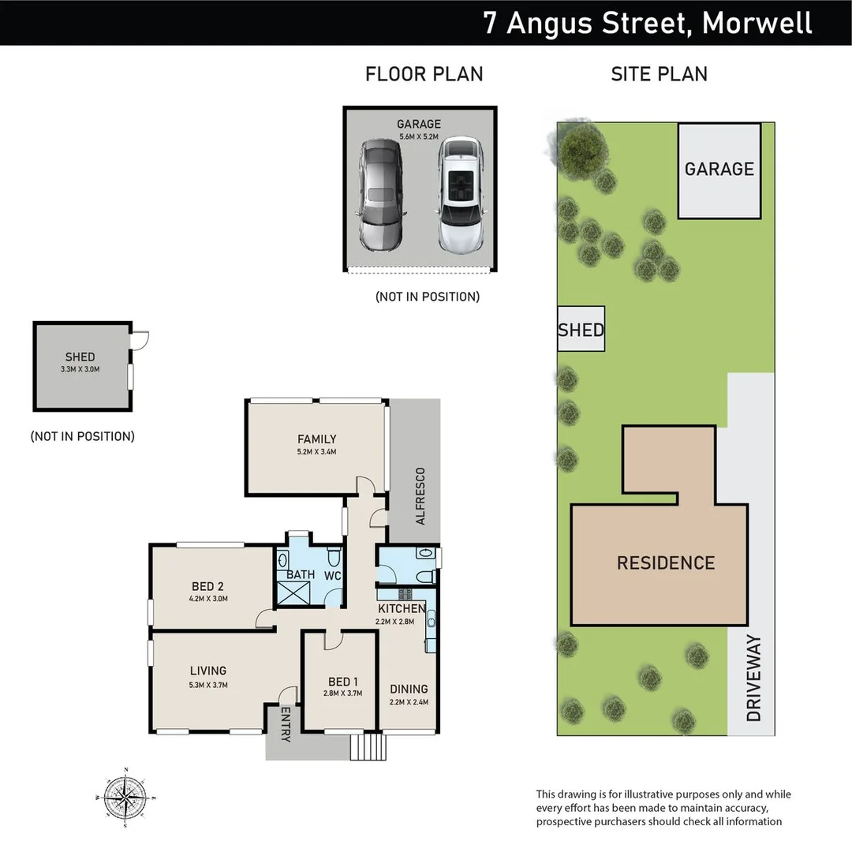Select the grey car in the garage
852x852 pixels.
click(380, 193)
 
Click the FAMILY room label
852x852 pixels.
click(317, 439)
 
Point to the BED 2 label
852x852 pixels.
click(208, 586)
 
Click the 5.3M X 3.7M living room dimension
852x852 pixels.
click(208, 685)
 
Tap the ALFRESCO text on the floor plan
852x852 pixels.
click(420, 496)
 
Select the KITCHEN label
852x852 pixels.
click(401, 609)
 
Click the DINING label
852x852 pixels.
click(409, 689)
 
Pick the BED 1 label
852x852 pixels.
click(342, 682)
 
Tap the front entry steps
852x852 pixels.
click(366, 746)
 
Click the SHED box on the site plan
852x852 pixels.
click(581, 329)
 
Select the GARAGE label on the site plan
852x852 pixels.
click(719, 169)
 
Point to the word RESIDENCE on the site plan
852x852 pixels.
click(665, 563)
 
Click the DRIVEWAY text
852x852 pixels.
click(754, 678)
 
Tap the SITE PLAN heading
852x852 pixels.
click(659, 74)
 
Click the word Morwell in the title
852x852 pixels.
click(757, 23)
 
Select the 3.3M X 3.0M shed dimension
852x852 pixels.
click(80, 368)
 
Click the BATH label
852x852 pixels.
click(301, 575)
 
